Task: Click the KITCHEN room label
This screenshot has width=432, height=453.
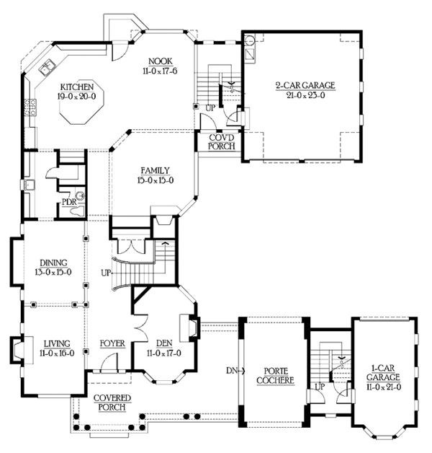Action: (x=74, y=85)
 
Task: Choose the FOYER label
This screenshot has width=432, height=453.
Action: (x=113, y=343)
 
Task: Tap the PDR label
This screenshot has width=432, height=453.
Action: (x=69, y=201)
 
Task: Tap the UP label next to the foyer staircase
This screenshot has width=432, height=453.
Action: (x=107, y=274)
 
